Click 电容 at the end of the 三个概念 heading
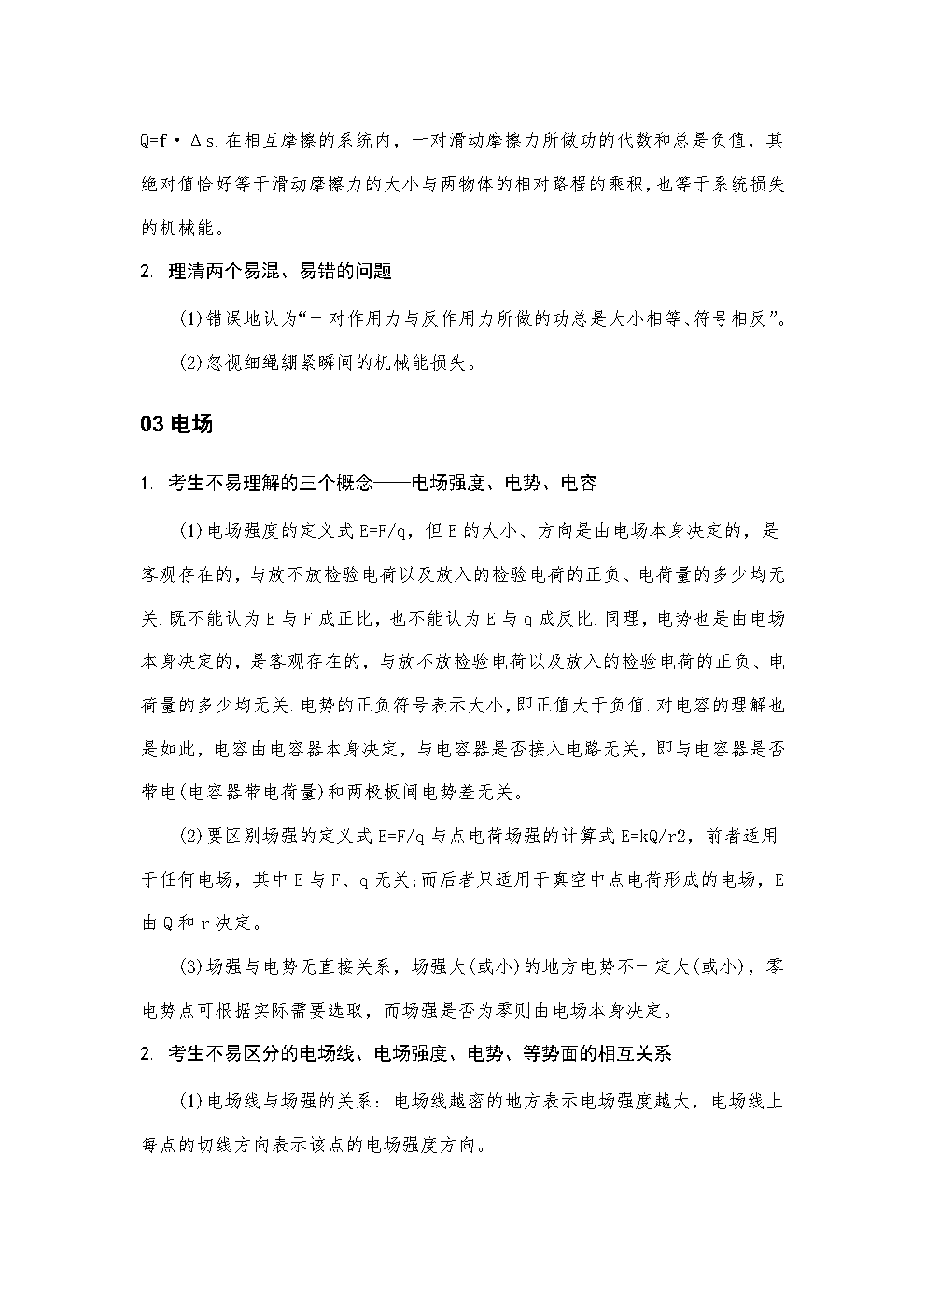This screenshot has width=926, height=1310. pyautogui.click(x=579, y=484)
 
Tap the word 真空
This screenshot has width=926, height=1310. pyautogui.click(x=570, y=880)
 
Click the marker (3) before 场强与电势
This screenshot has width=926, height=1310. pyautogui.click(x=190, y=967)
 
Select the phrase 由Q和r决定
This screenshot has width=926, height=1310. pyautogui.click(x=197, y=923)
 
